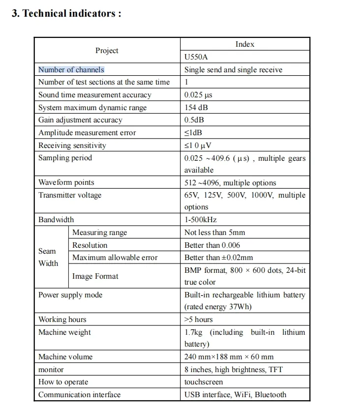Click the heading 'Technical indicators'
coord(66,13)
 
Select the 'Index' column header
coord(244,44)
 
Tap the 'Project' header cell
coord(107,51)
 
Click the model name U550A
coord(196,57)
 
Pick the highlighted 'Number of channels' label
coord(71,70)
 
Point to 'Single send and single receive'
coord(233,70)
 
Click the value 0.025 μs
coord(198,95)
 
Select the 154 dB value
coord(196,108)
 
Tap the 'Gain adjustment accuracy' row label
coord(80,120)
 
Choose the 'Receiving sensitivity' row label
coord(72,146)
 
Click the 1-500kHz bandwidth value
coord(200,220)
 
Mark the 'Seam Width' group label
coord(48,257)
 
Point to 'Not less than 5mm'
coord(214,233)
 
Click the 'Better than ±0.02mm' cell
coord(219,258)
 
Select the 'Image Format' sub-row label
coord(95,276)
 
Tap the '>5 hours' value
coord(199,320)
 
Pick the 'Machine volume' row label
coord(65,357)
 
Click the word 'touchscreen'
coord(204,382)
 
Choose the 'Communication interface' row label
coord(79,395)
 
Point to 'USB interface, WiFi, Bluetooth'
coord(235,395)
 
